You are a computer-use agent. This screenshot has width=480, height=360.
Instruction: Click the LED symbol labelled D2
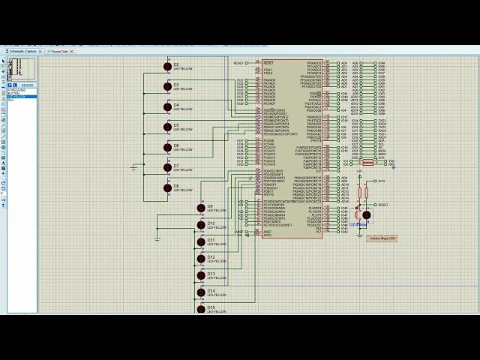pos(167,67)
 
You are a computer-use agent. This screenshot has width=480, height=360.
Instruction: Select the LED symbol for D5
pos(167,127)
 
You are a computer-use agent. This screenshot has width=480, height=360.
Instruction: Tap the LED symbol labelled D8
pos(167,188)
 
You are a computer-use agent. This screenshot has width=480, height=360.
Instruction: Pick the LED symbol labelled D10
pos(201,225)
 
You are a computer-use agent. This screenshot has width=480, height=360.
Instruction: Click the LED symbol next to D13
pos(201,276)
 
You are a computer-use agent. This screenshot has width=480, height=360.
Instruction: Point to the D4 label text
pos(176,105)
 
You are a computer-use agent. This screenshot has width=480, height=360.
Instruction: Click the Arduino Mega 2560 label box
pos(382,238)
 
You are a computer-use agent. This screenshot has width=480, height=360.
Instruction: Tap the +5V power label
pos(358,171)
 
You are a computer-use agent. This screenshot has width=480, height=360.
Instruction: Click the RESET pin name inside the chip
pos(268,62)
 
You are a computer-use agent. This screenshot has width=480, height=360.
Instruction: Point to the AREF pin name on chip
pos(268,232)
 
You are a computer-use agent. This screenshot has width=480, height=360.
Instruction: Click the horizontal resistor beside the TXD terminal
pos(367,161)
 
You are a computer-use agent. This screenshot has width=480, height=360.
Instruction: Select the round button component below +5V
pos(366,215)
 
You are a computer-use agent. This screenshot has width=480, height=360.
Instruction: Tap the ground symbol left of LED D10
pos(157,238)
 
